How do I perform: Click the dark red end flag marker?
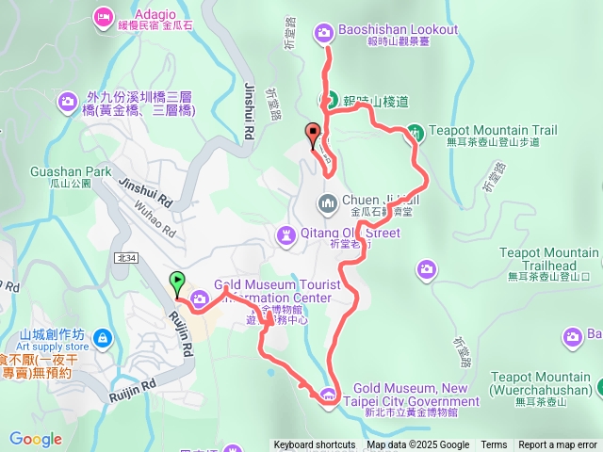click(x=313, y=133)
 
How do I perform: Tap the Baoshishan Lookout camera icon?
click(x=324, y=32)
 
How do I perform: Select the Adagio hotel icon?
click(x=102, y=16)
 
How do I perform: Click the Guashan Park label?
click(x=71, y=172)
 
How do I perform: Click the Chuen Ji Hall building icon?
click(x=327, y=202)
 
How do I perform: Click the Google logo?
click(x=35, y=439)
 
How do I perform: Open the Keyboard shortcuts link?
click(x=315, y=445)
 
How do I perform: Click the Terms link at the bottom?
click(x=494, y=445)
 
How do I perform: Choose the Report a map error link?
click(x=557, y=445)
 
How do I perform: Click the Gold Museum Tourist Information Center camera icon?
click(x=200, y=300)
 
